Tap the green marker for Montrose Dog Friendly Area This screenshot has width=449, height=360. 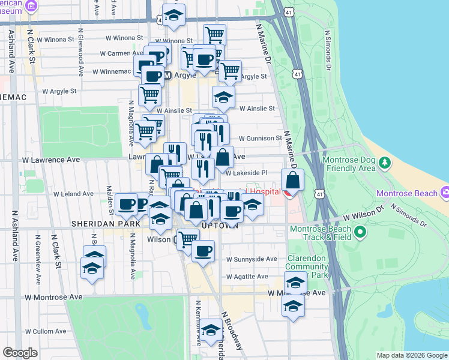[385, 163]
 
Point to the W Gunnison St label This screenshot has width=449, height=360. [260, 138]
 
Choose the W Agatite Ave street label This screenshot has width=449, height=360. [247, 277]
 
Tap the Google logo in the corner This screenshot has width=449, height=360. [20, 353]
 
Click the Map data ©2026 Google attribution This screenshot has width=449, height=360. [411, 355]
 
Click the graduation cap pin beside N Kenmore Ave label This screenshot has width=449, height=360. [210, 332]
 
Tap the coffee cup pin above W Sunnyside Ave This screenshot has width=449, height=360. [203, 250]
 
